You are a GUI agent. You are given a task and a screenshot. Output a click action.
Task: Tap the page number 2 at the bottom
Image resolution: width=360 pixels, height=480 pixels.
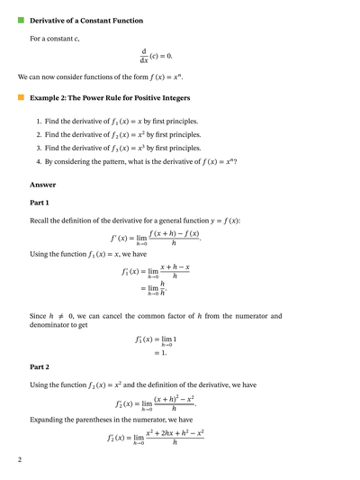19,460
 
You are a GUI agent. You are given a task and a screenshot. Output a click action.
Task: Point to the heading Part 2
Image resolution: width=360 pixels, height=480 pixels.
41,367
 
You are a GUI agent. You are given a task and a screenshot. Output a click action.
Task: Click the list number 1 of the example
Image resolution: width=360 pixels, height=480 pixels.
39,121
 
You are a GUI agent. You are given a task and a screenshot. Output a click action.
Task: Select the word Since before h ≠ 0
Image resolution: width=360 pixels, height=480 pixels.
40,316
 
